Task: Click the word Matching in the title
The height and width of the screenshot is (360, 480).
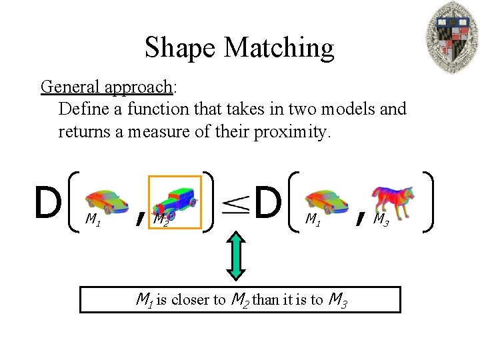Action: coord(279,48)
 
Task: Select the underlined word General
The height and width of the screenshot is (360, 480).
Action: coord(66,87)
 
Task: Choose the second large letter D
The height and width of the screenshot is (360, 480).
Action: coord(268,203)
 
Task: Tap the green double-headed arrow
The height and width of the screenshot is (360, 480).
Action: coord(237,255)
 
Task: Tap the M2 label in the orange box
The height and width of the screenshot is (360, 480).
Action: coord(160,218)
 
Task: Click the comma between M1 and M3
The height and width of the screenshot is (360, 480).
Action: coord(360,216)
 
